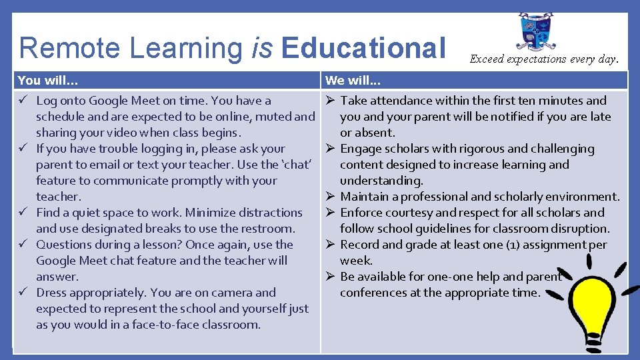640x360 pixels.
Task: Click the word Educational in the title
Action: coord(363,49)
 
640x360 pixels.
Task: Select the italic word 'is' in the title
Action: coord(262,49)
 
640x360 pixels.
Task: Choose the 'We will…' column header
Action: coord(353,81)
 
